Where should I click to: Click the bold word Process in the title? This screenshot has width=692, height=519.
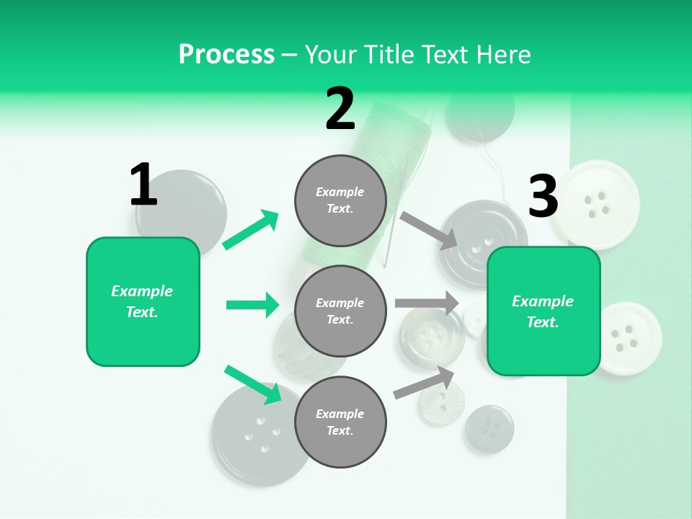(x=226, y=54)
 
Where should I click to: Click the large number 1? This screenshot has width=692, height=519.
(x=143, y=185)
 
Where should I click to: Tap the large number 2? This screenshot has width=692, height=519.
(x=340, y=109)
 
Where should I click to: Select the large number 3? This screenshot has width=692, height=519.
(x=543, y=196)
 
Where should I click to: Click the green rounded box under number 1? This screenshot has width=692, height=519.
(x=143, y=301)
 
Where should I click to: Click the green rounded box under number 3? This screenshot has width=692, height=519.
(x=544, y=311)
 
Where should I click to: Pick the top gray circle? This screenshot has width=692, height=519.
(x=340, y=200)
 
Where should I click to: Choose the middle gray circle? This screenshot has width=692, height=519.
(x=340, y=311)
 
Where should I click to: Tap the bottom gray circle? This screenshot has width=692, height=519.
(x=340, y=422)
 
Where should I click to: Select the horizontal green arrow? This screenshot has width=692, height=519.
(x=252, y=305)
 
